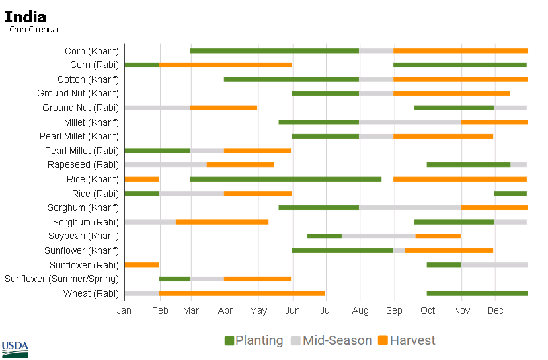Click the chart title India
tap(25, 17)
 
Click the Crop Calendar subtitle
tap(34, 30)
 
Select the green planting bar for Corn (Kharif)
tap(274, 51)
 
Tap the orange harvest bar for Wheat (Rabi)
tap(242, 293)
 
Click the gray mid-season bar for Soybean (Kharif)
tap(378, 236)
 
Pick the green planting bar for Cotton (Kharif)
tap(291, 79)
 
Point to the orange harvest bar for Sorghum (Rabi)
tap(222, 222)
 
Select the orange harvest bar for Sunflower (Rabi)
tap(141, 265)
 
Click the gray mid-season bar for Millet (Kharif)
tap(410, 122)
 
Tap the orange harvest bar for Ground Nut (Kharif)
tap(451, 94)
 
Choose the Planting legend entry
tap(254, 341)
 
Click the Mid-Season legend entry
tap(331, 341)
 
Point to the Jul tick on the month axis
tap(325, 310)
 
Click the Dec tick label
tap(495, 310)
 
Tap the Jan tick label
tap(124, 310)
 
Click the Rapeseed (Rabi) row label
tap(83, 164)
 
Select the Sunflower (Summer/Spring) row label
tap(62, 279)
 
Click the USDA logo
tap(15, 349)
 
